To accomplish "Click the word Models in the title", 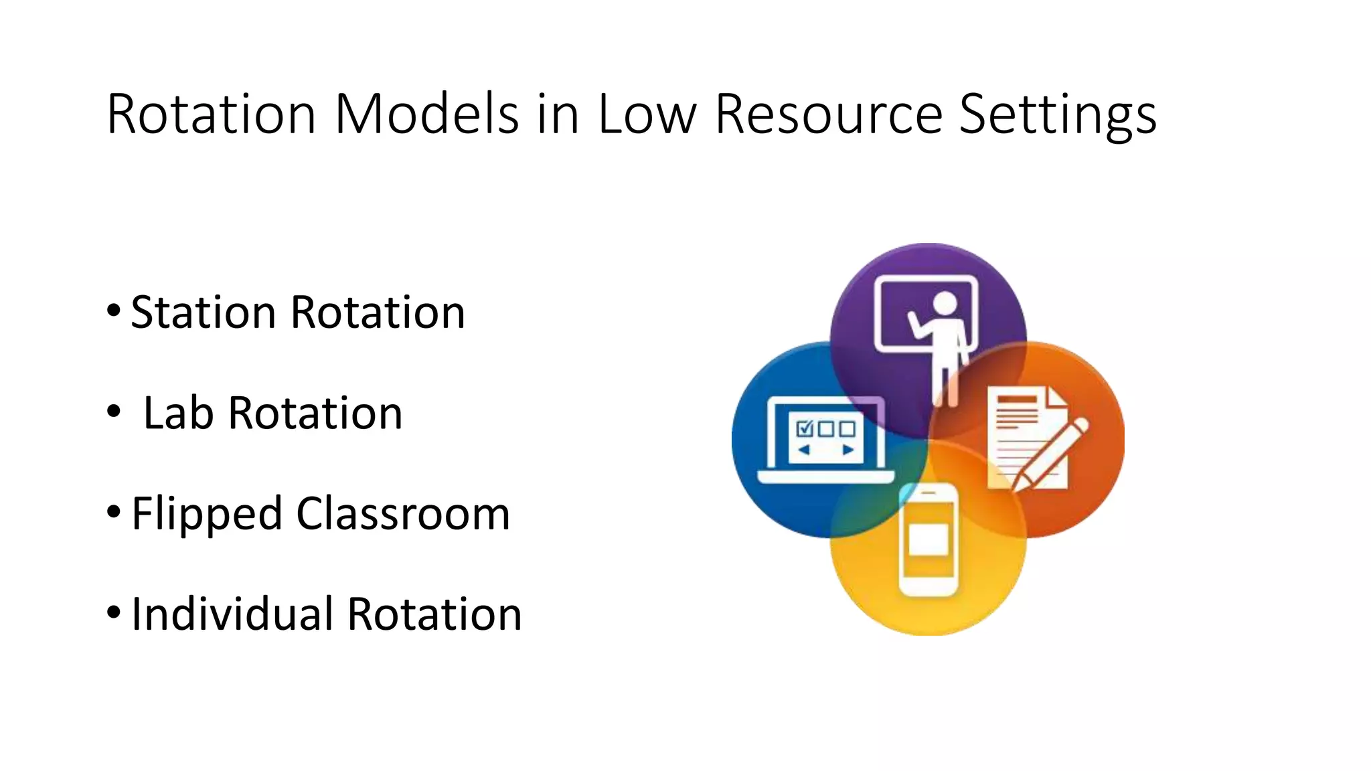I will click(426, 114).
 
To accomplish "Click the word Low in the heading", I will click(647, 114).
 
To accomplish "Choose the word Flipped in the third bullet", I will click(206, 514).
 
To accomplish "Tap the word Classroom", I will click(403, 513).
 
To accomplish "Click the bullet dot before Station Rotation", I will click(114, 311).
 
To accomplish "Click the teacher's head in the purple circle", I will click(945, 303).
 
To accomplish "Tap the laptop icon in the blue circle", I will click(826, 442).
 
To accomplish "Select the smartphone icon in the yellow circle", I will click(928, 539).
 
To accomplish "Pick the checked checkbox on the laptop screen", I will click(804, 428).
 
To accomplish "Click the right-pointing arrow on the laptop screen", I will click(848, 450).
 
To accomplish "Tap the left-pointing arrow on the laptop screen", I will click(805, 450).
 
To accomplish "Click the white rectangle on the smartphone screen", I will click(928, 539).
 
